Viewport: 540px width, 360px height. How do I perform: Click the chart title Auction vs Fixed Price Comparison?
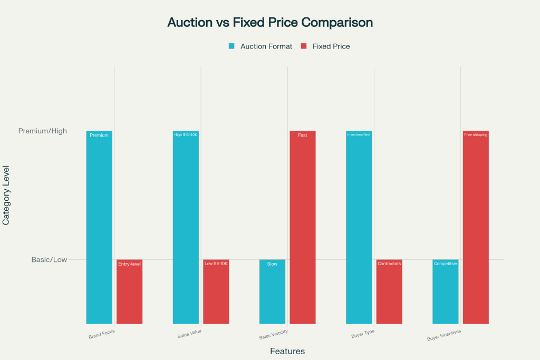coord(270,23)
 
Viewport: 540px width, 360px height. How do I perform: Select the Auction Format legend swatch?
coord(232,46)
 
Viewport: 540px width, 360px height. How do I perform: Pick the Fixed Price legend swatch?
coord(303,46)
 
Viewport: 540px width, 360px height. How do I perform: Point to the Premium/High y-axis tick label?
coord(43,131)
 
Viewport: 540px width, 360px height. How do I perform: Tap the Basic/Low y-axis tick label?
coord(49,259)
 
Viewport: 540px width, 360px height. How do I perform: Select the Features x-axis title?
coord(287,351)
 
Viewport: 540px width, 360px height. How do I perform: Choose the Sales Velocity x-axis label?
coord(274,335)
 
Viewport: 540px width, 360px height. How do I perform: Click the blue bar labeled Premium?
coord(99,227)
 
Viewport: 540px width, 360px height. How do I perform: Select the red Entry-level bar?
coord(129,293)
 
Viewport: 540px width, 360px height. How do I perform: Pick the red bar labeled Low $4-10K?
coord(216,293)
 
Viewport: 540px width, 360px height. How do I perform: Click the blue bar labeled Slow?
coord(272,293)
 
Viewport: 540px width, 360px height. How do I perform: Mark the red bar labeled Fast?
coord(303,227)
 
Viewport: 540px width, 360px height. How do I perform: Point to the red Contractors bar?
coord(389,293)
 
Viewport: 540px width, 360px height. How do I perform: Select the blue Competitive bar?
coord(446,293)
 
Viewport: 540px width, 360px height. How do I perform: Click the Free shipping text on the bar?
coord(476,135)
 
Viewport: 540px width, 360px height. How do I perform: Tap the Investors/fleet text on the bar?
coord(359,135)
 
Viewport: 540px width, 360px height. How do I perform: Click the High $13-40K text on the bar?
coord(186,135)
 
